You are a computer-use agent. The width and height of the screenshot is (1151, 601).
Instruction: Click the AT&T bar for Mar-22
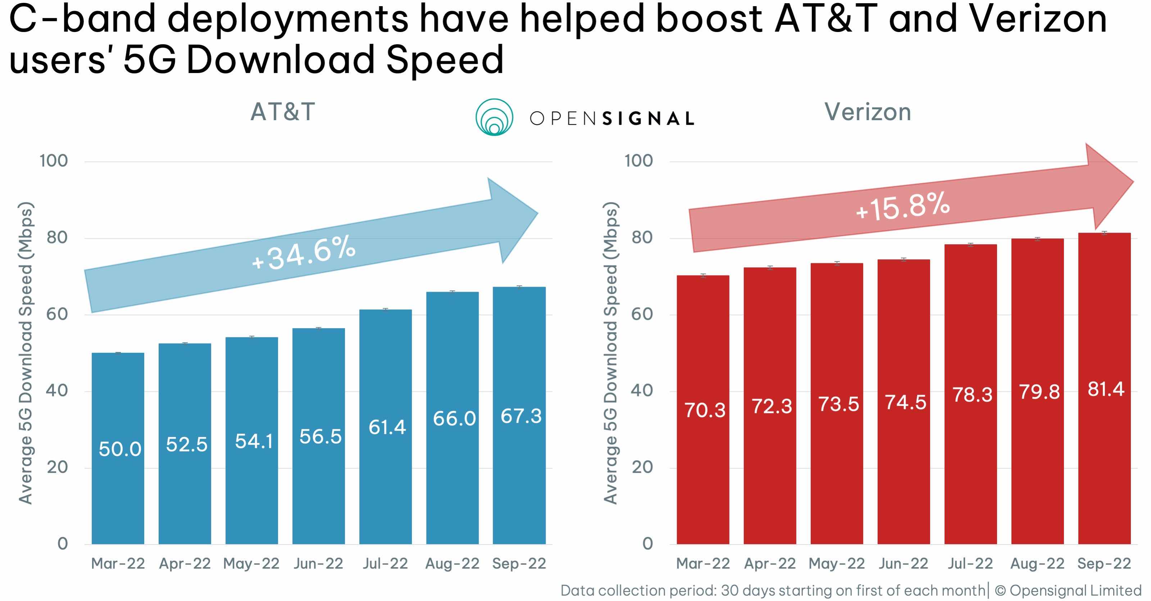pos(118,492)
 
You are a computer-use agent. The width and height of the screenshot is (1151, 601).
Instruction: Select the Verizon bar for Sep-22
pos(1104,469)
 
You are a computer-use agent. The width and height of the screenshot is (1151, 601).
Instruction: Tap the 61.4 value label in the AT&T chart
pos(387,427)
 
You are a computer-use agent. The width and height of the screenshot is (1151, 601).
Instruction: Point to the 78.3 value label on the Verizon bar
pos(972,395)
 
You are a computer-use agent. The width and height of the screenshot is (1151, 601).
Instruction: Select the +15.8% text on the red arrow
pos(902,206)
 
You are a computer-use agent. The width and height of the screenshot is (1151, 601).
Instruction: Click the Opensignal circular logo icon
pos(494,117)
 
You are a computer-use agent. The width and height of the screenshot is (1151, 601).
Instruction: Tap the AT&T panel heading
pos(282,112)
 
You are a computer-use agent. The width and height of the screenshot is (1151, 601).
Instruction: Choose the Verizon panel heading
pos(867,112)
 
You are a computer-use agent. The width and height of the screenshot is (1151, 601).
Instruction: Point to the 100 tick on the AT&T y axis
pos(54,161)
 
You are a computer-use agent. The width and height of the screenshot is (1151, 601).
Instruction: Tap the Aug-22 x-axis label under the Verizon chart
pos(1037,564)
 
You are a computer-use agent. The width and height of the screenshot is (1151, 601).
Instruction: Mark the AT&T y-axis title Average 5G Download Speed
pos(26,353)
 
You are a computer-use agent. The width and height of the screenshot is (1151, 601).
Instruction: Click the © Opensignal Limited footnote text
pos(1068,590)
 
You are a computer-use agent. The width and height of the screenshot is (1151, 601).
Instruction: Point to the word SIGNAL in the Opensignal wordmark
pos(648,119)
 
